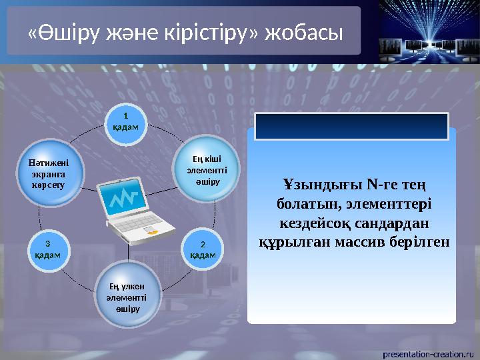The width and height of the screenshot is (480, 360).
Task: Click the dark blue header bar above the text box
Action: click(353, 125)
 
